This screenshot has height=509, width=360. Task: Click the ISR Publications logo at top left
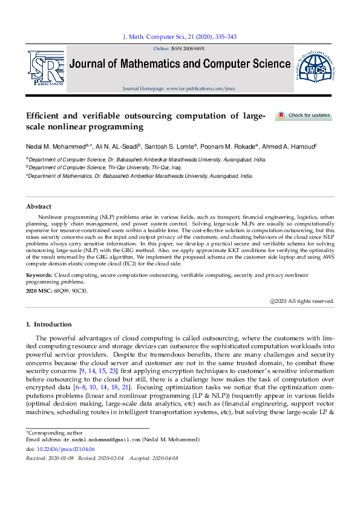(x=45, y=68)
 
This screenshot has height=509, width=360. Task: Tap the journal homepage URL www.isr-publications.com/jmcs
(x=200, y=88)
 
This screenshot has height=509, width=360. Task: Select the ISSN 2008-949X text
(x=188, y=48)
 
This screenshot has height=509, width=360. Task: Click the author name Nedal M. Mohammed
(x=57, y=146)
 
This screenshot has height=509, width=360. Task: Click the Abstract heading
(x=38, y=206)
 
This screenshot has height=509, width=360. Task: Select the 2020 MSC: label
(x=39, y=291)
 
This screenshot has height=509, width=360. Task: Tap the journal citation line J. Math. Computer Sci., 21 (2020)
(x=180, y=37)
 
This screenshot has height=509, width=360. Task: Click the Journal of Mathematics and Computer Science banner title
(x=180, y=64)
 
